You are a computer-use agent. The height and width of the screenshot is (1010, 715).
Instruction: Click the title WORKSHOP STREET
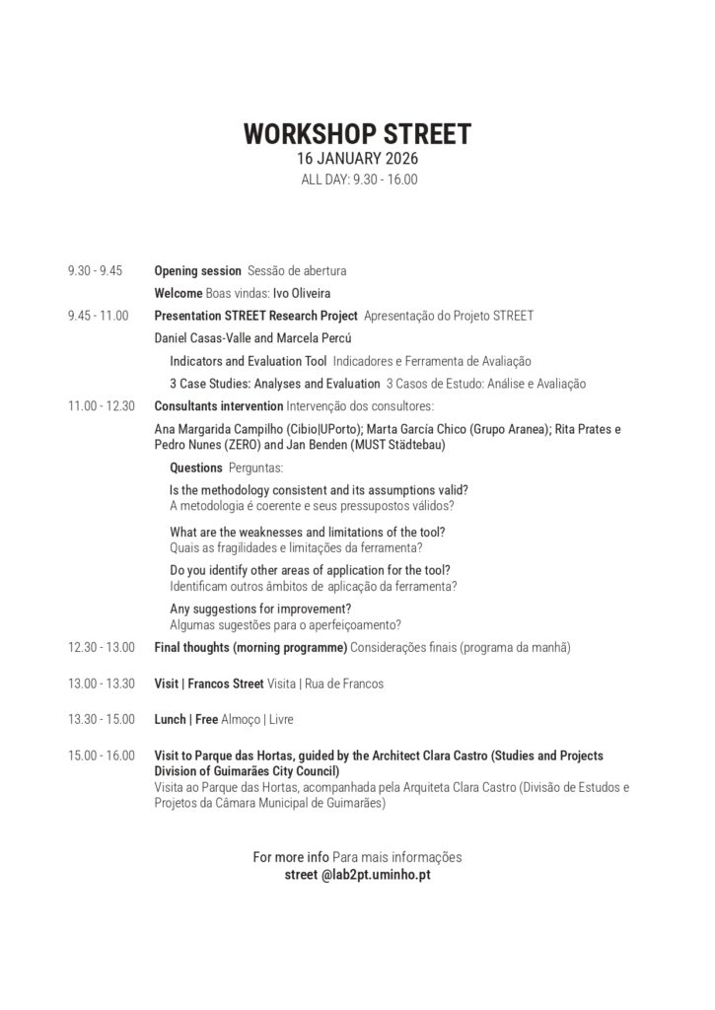357,134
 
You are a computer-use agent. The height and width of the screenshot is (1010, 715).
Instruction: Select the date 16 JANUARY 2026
357,159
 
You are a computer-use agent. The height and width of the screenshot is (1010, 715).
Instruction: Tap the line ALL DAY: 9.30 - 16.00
357,180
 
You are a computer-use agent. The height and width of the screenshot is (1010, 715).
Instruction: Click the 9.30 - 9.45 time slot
95,270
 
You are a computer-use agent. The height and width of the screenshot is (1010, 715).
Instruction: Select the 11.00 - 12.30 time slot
101,406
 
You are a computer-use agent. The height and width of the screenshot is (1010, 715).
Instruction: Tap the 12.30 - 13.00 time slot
101,647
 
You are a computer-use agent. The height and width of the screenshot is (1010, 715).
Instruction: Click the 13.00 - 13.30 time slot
101,683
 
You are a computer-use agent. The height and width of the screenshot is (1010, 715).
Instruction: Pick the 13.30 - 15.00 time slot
101,719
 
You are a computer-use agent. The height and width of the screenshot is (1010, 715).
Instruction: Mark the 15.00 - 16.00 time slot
101,756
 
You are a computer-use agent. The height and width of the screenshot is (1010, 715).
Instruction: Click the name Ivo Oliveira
302,293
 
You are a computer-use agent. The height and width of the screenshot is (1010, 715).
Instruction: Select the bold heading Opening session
197,270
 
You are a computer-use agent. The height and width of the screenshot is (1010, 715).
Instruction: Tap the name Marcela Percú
298,338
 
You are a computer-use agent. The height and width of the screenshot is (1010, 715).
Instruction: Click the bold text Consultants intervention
219,406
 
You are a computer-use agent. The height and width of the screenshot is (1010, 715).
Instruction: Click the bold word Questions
195,468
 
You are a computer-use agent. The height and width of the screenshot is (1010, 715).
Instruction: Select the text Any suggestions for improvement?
260,608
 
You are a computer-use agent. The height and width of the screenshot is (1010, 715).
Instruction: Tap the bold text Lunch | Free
186,719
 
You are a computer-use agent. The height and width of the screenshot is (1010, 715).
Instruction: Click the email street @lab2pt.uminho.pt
357,874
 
